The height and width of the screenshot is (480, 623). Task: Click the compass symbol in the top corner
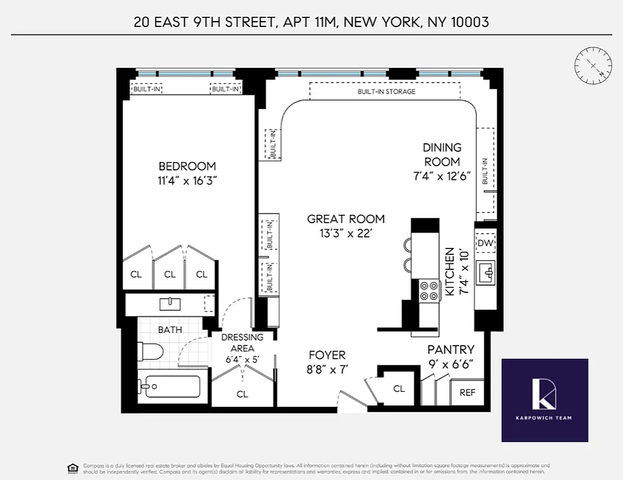[x=593, y=65]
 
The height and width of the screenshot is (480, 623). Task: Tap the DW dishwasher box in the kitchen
[x=485, y=243]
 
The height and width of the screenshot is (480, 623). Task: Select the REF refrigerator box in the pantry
[x=467, y=392]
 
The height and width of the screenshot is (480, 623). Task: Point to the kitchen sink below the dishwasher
[x=485, y=273]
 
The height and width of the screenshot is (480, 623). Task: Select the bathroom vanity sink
[x=170, y=304]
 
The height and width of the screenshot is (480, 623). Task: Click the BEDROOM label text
[x=187, y=166]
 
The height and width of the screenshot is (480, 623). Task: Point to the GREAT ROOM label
[x=345, y=219]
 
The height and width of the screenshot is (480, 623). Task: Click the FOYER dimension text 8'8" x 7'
[x=327, y=369]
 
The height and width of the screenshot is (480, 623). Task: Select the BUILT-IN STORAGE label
[x=386, y=92]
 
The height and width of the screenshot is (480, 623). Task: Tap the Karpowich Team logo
[x=545, y=400]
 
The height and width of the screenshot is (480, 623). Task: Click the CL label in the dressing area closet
[x=242, y=394]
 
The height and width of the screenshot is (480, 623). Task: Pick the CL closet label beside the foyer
[x=399, y=389]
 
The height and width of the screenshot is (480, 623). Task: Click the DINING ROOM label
[x=442, y=154]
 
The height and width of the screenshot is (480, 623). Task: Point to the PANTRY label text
[x=451, y=349]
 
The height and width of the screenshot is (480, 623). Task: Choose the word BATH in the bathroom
[x=170, y=329]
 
